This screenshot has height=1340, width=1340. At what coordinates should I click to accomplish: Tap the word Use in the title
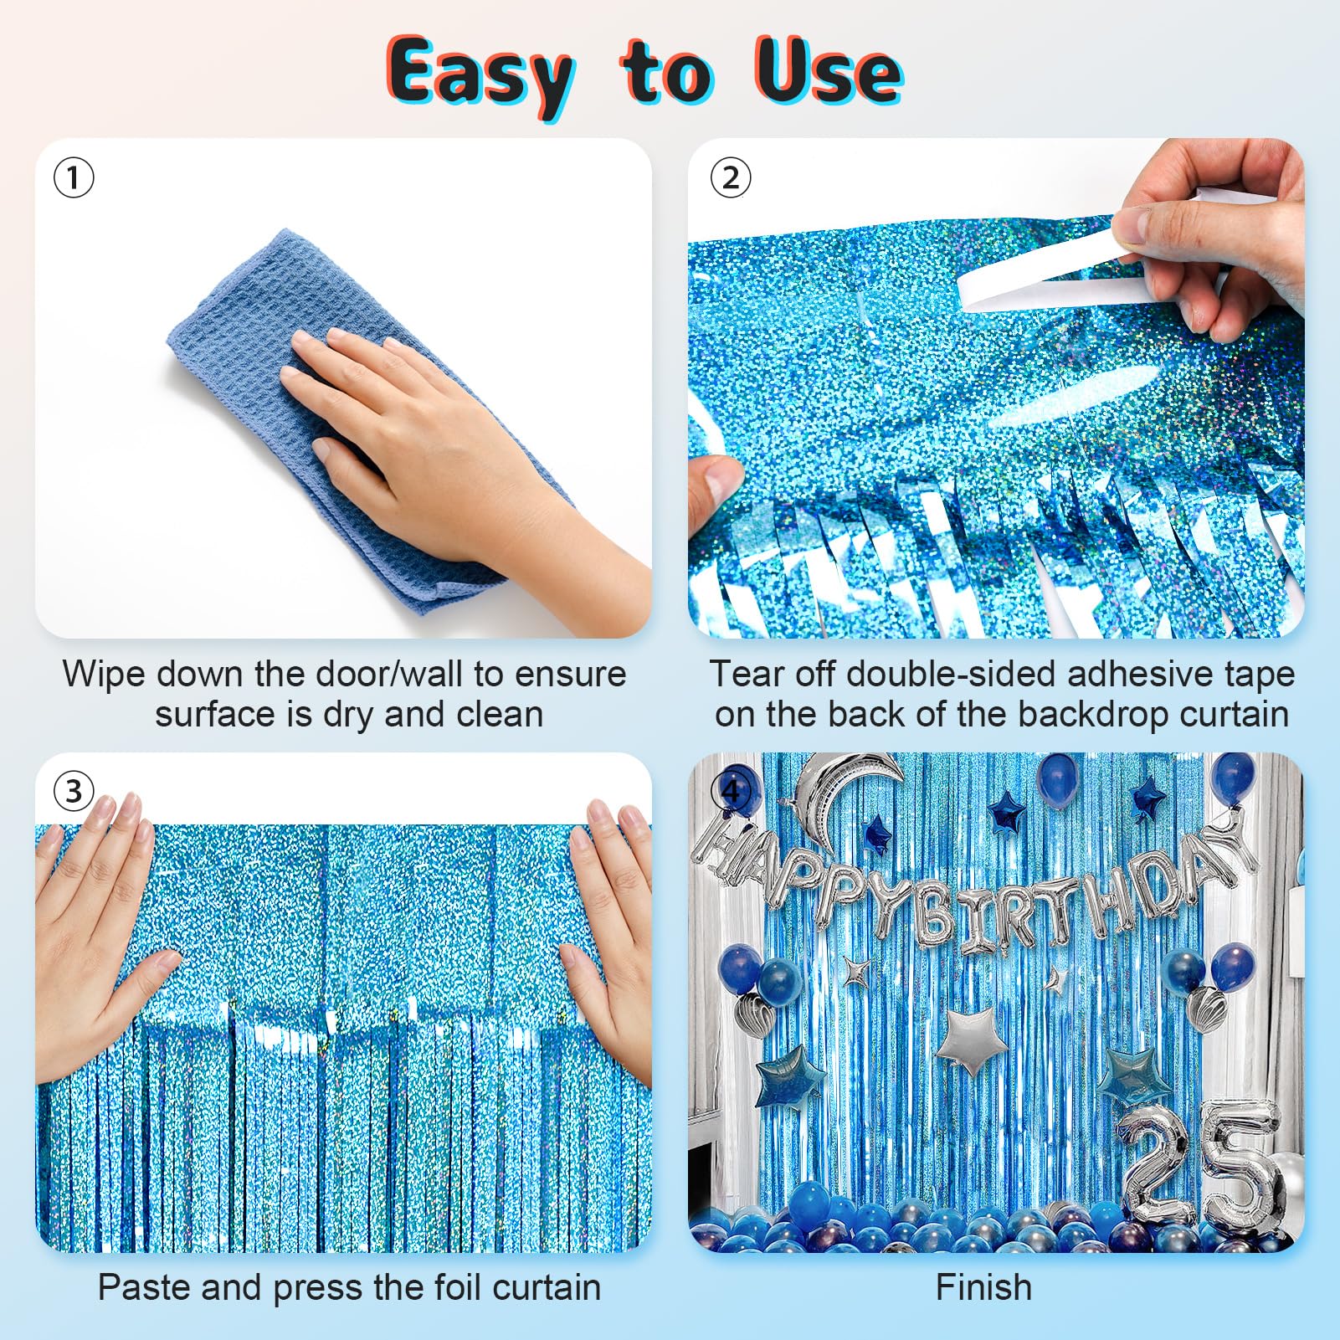(829, 71)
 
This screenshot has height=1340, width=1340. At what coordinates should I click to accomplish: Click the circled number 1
(74, 177)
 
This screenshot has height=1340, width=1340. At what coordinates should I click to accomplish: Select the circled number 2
(731, 177)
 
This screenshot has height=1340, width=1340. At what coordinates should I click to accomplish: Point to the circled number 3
(74, 791)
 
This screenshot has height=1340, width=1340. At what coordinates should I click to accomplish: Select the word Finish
(983, 1287)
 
